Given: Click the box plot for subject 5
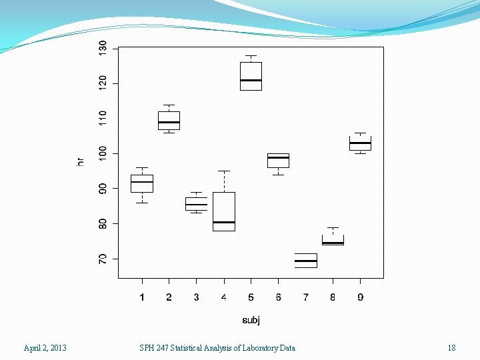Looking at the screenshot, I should click(x=251, y=75).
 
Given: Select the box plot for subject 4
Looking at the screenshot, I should click(x=223, y=211).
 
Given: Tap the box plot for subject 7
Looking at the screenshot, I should click(x=305, y=261).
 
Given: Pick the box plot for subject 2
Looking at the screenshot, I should click(x=169, y=120).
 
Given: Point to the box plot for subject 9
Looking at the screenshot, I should click(x=360, y=143).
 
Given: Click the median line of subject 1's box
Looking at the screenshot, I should click(x=141, y=182).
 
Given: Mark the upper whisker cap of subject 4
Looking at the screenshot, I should click(x=223, y=171).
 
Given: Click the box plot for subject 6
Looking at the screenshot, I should click(x=278, y=160).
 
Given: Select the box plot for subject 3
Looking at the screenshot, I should click(x=196, y=203).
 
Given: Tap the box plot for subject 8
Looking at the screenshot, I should click(x=333, y=239).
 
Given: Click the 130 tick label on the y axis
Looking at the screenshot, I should click(x=102, y=49).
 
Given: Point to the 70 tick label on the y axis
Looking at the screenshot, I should click(x=102, y=259).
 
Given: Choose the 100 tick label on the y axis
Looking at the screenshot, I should click(x=102, y=153).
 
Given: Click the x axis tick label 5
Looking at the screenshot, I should click(x=251, y=297).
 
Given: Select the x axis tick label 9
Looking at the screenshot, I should click(x=360, y=297).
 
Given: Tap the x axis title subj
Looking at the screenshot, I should click(x=251, y=320).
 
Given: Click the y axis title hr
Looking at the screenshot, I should click(x=80, y=161).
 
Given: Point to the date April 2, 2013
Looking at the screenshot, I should click(x=45, y=347).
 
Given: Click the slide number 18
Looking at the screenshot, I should click(x=451, y=347).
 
